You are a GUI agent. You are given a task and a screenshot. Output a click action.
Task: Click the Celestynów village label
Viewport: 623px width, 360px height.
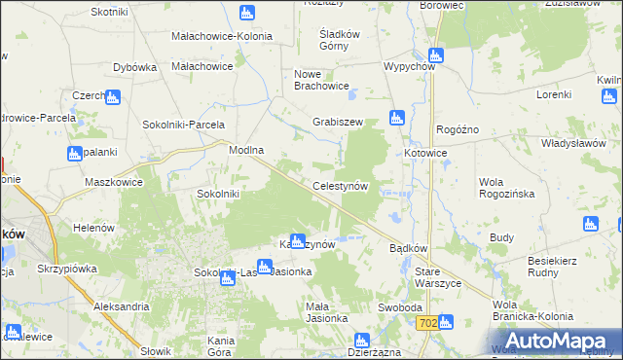[x=339, y=185]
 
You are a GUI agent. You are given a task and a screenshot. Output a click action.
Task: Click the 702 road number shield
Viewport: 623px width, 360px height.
[x=426, y=322]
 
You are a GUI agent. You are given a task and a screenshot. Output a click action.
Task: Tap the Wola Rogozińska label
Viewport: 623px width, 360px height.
[x=507, y=188]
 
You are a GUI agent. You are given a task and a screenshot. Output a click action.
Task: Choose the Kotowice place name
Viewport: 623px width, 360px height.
[x=425, y=154]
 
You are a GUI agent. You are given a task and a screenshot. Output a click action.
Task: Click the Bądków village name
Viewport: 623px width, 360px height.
[x=409, y=248]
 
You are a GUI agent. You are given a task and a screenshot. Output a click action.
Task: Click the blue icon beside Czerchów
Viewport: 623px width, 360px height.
[x=112, y=97]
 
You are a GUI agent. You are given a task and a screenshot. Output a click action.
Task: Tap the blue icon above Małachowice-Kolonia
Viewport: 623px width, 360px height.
[x=246, y=14]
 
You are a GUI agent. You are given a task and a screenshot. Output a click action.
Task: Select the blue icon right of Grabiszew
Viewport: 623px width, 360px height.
[x=396, y=119]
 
